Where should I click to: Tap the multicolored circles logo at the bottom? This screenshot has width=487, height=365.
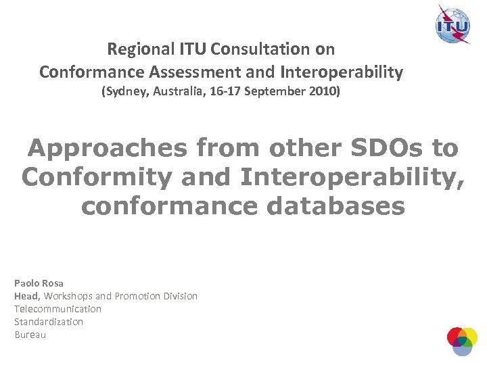coord(462,341)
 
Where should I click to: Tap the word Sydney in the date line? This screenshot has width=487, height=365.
coord(122,91)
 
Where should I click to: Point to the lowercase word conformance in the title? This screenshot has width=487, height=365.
coord(169,206)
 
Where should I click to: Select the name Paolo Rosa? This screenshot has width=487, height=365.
coord(39,283)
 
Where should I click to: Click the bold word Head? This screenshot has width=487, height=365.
coord(27,296)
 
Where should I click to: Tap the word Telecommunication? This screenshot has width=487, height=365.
coord(57,309)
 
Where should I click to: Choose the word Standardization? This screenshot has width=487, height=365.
coord(49,322)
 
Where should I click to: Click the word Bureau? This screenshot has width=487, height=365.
coord(30,335)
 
